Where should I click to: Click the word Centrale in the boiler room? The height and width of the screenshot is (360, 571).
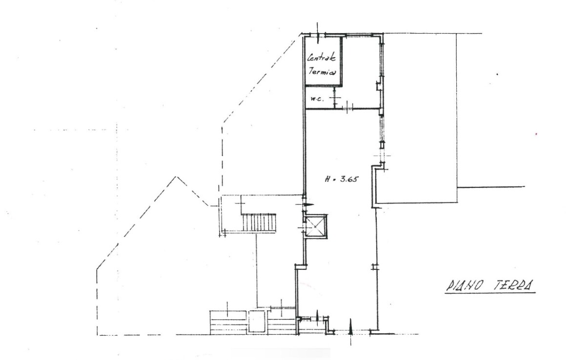click(x=322, y=58)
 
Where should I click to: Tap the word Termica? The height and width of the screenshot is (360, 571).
click(x=322, y=71)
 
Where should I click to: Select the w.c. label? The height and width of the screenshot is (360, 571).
click(x=316, y=99)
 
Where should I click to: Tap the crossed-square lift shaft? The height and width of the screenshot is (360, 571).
click(x=315, y=226)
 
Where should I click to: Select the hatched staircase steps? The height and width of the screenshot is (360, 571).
click(x=259, y=222)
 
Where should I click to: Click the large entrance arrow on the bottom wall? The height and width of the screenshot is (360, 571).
click(x=351, y=332)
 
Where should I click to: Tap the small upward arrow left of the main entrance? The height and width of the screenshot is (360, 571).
click(x=318, y=317)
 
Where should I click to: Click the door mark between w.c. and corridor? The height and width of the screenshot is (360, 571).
click(x=335, y=97)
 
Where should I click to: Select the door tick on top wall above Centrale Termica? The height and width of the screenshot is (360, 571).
click(x=318, y=32)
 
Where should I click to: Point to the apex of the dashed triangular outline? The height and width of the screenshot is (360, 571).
click(x=177, y=177)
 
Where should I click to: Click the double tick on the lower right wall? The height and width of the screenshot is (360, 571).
click(x=374, y=267)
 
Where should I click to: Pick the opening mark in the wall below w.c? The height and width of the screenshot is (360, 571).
click(x=348, y=107)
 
